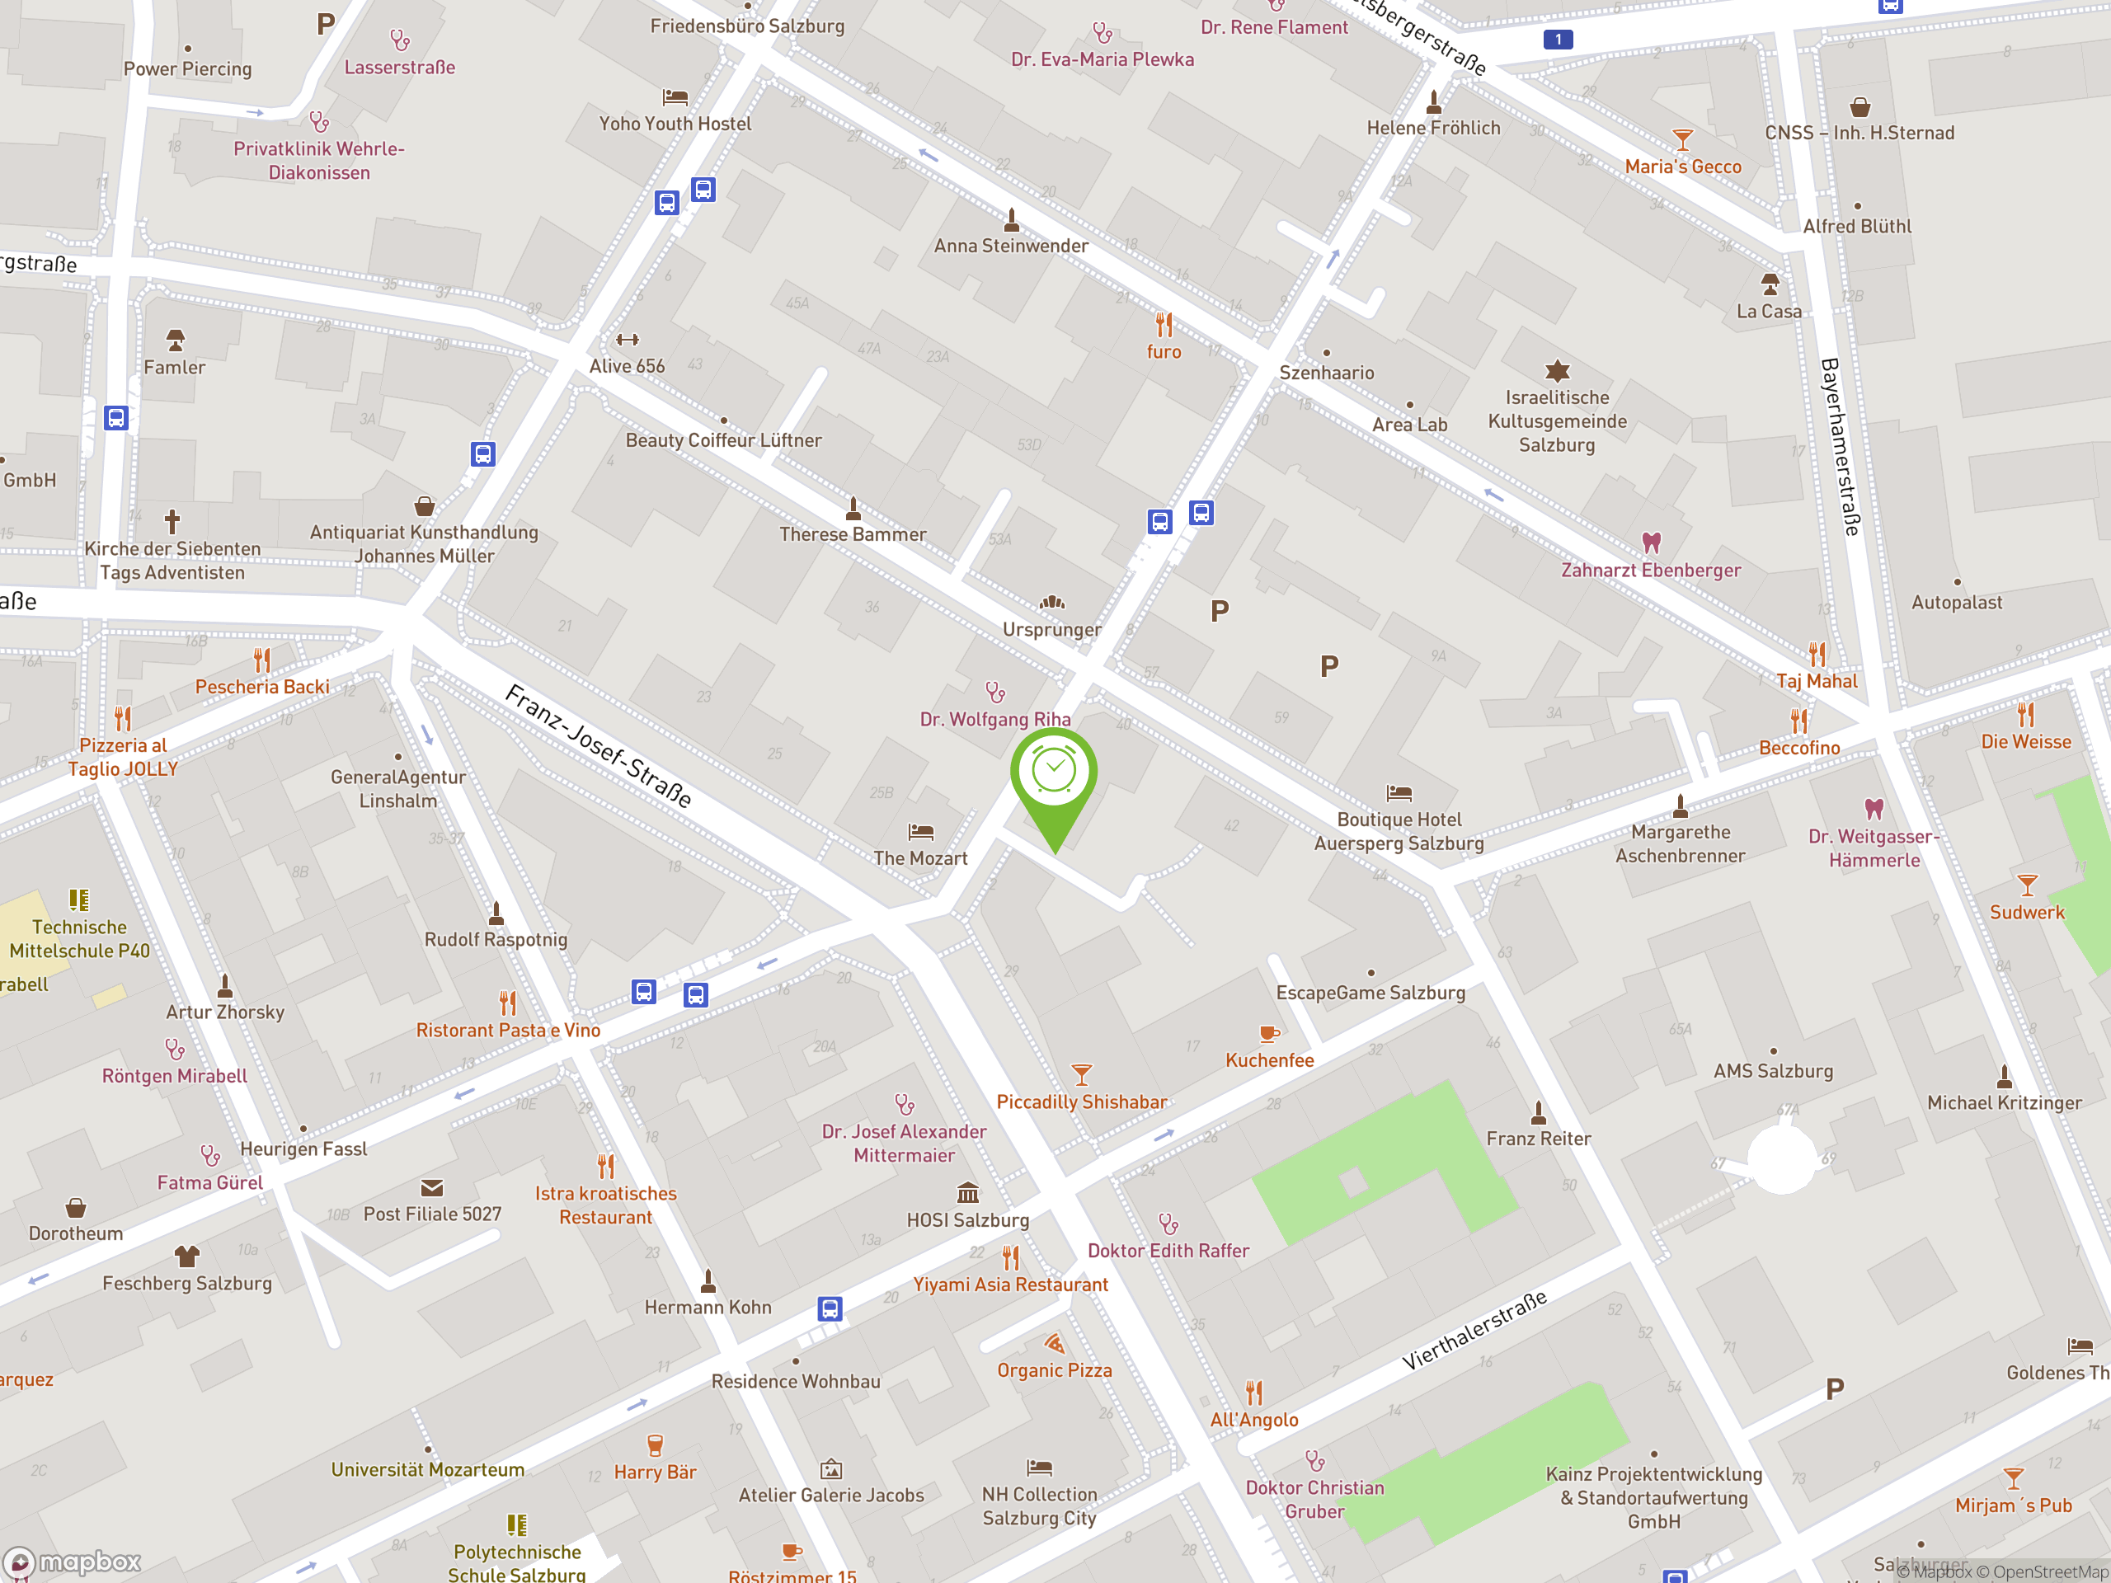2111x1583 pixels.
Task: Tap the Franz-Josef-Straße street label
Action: click(599, 746)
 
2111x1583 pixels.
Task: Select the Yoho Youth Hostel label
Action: click(675, 124)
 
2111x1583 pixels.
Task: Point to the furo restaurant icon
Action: click(1164, 326)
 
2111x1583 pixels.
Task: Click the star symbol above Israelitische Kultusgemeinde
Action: click(1558, 370)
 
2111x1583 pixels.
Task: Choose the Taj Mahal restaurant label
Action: click(1816, 681)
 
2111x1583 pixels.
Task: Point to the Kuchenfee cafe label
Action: click(1269, 1060)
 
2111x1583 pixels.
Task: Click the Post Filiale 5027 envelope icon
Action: click(432, 1188)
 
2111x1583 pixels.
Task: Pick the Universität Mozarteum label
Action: click(427, 1470)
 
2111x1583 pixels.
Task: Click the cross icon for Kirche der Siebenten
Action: click(172, 522)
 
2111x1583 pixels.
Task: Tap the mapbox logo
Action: click(73, 1562)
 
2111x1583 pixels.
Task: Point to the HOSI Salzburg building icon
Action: click(968, 1194)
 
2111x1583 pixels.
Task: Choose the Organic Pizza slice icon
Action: click(1055, 1345)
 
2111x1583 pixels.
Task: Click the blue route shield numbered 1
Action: click(1558, 39)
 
